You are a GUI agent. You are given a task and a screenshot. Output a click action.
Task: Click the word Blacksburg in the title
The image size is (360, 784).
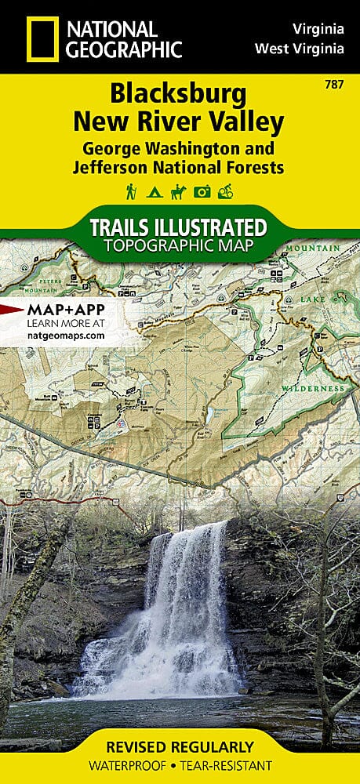(178, 96)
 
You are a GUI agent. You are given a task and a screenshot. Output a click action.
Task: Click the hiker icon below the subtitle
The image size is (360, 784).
(131, 191)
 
